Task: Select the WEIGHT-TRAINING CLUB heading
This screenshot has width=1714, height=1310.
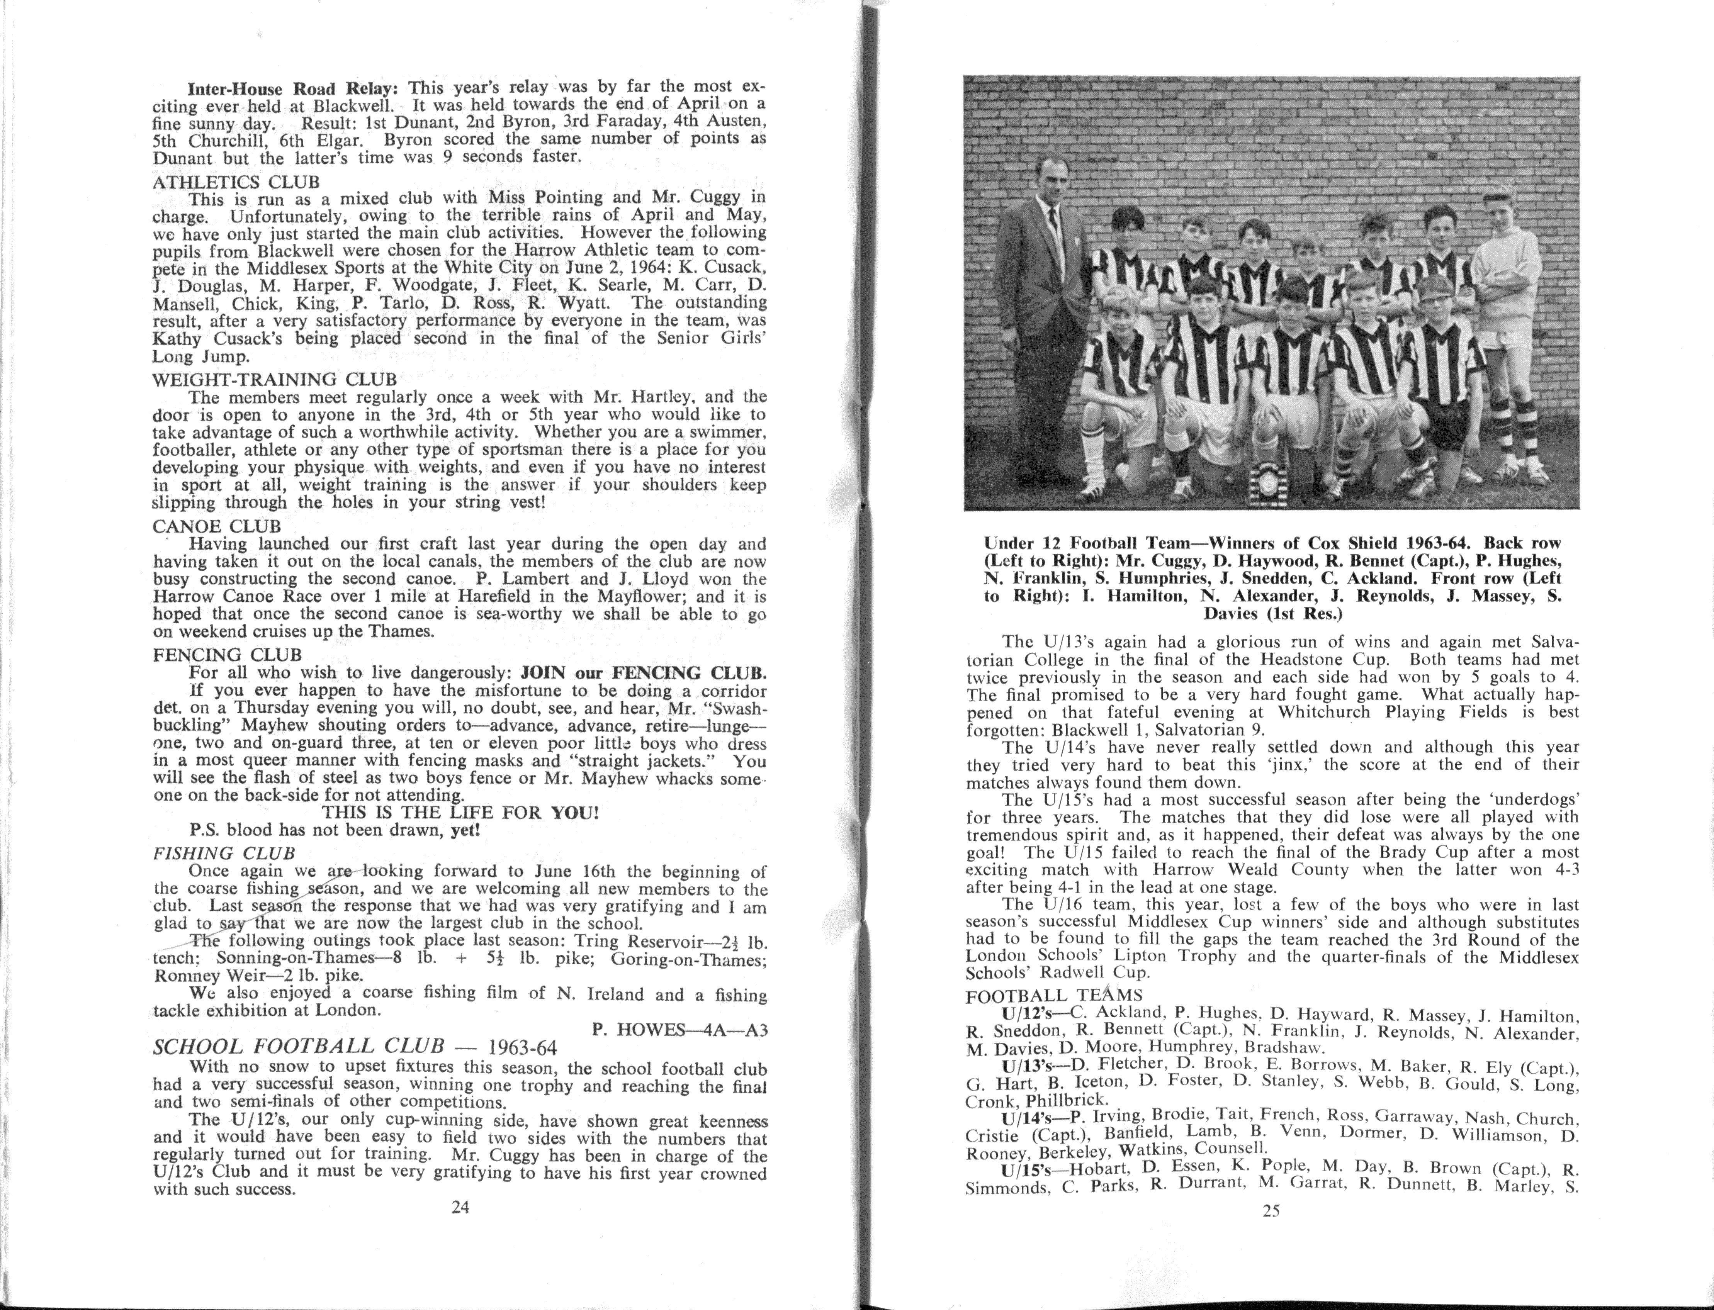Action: click(x=275, y=380)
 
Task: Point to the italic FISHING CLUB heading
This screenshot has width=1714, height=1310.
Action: click(x=224, y=853)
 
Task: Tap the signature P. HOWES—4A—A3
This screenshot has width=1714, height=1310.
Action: click(x=680, y=1029)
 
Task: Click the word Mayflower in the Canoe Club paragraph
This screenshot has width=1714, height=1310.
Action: click(x=652, y=597)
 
